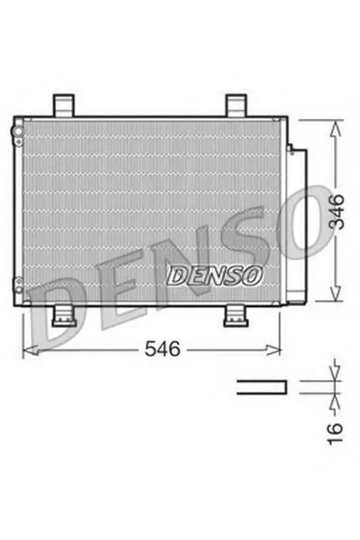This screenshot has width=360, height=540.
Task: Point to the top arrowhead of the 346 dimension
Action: coord(336,128)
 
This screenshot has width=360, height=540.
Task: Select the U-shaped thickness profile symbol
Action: coord(262,388)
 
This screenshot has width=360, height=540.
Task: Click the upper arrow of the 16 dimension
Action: coord(336,372)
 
